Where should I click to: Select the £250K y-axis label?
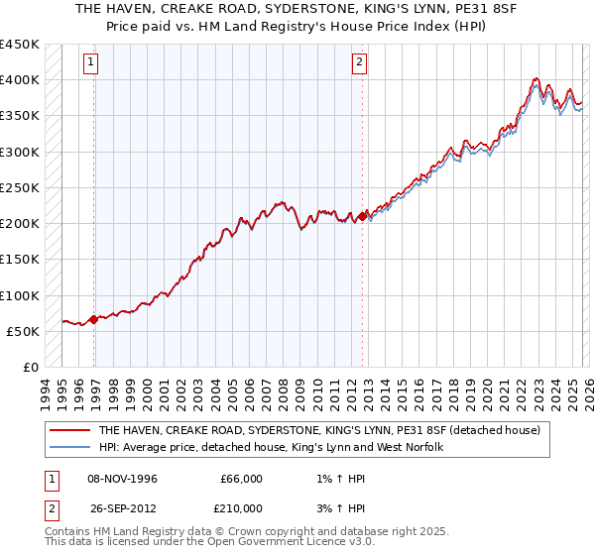(x=19, y=187)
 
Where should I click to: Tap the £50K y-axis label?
(x=23, y=331)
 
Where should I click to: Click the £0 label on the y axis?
(x=30, y=368)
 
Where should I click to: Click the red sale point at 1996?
(x=94, y=319)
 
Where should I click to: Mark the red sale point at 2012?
(x=362, y=215)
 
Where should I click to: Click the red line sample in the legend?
(x=70, y=431)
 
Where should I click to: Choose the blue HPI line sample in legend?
(x=70, y=448)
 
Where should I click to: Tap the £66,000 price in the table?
(x=242, y=479)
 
